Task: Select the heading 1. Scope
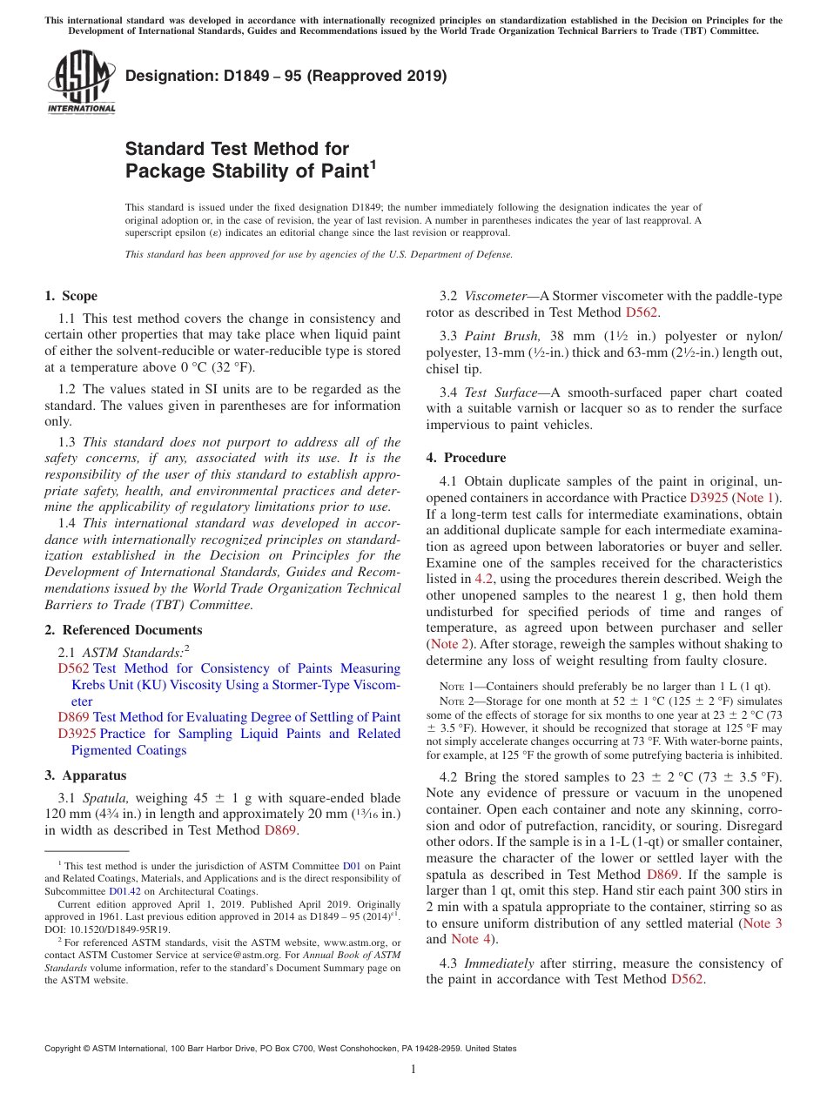pos(71,296)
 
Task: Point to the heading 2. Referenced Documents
pos(123,630)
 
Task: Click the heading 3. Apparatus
pos(85,775)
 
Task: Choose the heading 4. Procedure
pos(466,457)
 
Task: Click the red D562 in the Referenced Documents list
pos(73,668)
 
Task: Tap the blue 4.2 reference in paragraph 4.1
pos(485,579)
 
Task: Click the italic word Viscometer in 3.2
pos(495,296)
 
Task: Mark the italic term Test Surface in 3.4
pos(501,392)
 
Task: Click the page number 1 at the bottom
pos(413,1069)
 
